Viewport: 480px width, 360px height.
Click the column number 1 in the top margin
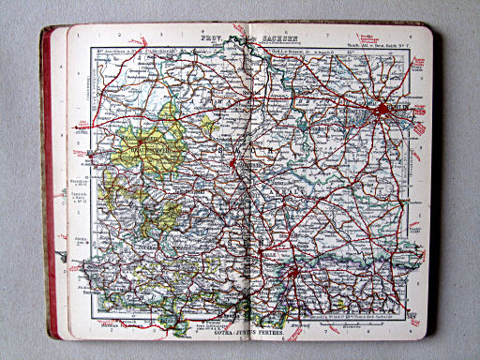(x=93, y=36)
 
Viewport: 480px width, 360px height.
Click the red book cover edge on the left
(x=46, y=187)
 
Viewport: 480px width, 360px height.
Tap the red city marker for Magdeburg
(x=247, y=160)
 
